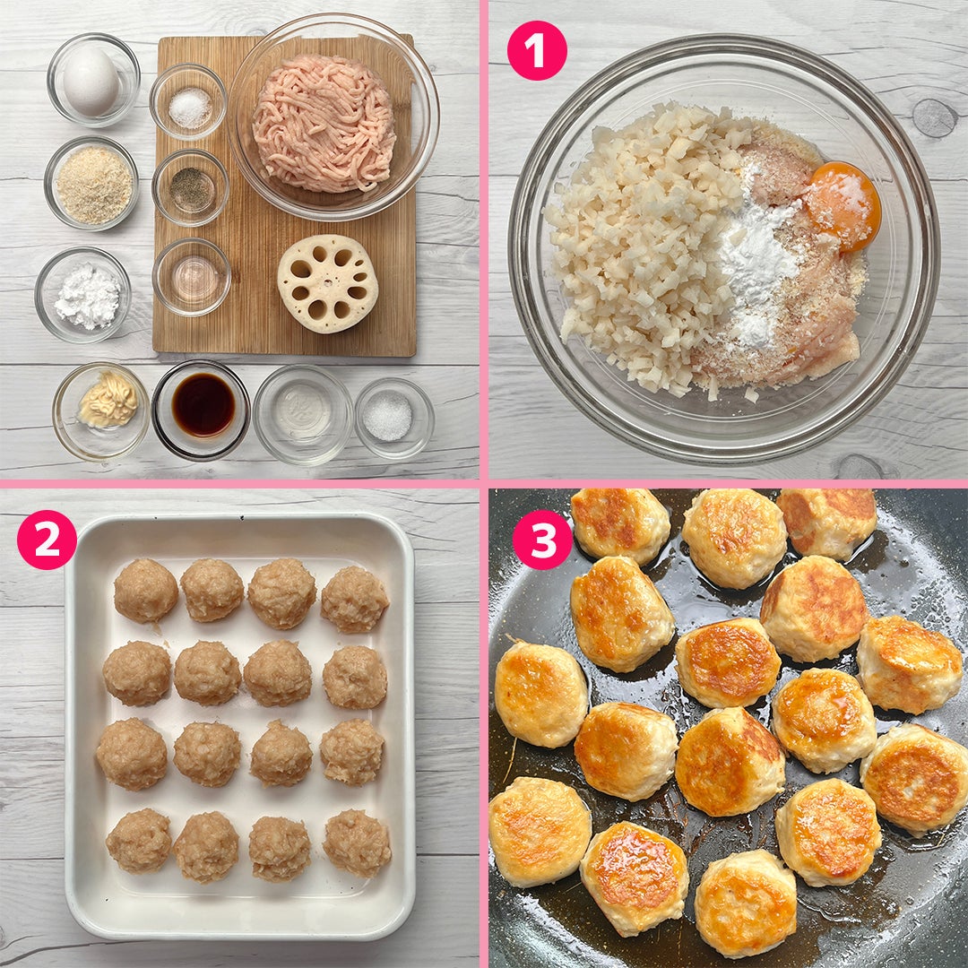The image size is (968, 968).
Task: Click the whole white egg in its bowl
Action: click(x=91, y=82)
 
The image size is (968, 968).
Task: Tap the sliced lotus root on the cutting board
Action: click(x=327, y=284)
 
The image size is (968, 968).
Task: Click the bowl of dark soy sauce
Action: click(x=201, y=410)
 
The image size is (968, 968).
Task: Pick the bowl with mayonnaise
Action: click(x=101, y=411)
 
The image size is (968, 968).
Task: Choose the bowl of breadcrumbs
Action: click(x=91, y=184)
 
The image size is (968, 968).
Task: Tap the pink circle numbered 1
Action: click(x=537, y=50)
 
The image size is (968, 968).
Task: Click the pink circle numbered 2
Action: click(x=47, y=539)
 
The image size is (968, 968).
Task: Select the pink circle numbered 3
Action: click(x=542, y=539)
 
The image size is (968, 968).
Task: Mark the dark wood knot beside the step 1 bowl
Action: click(x=933, y=117)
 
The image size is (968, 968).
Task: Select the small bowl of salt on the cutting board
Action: click(x=188, y=102)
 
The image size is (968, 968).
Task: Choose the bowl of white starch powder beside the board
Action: click(x=82, y=295)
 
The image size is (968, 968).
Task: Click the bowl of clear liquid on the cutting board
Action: click(x=192, y=277)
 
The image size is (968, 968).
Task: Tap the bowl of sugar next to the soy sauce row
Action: click(x=393, y=418)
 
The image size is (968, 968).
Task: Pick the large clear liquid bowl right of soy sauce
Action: click(x=303, y=414)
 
